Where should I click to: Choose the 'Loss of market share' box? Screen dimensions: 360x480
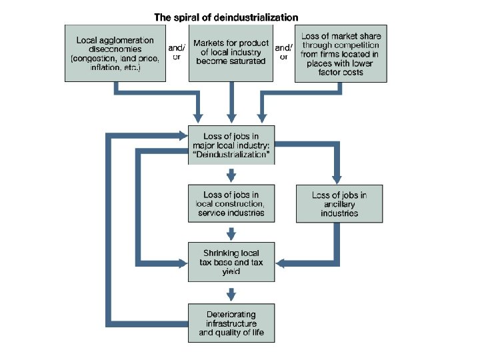tap(340, 53)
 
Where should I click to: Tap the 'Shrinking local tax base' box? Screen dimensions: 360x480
tap(231, 263)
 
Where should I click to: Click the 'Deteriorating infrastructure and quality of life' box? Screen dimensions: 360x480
tap(231, 323)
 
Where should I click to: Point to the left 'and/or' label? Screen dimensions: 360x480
tap(175, 52)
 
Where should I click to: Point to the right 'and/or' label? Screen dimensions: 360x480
tap(283, 52)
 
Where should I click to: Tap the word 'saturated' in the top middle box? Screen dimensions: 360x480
tap(245, 61)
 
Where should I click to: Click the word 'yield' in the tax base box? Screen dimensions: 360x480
tap(231, 272)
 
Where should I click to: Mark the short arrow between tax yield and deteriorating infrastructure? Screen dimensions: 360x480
tap(231, 293)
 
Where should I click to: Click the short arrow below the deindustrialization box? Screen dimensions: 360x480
tap(231, 175)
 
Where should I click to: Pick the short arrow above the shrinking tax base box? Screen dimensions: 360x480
tap(231, 233)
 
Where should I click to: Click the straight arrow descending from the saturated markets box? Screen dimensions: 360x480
tap(231, 100)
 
